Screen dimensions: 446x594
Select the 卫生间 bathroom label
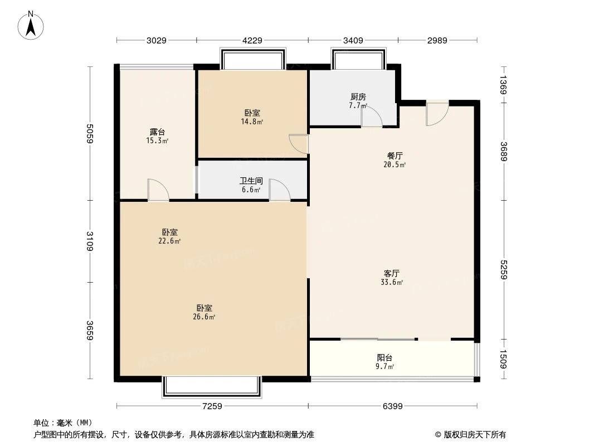pyautogui.click(x=251, y=181)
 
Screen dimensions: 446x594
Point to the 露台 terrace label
pyautogui.click(x=157, y=132)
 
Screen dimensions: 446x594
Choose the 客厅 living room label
pyautogui.click(x=392, y=273)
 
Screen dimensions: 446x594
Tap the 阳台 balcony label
pyautogui.click(x=384, y=358)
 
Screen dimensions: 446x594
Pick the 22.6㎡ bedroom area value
pyautogui.click(x=170, y=241)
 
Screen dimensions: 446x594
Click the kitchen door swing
pyautogui.click(x=371, y=117)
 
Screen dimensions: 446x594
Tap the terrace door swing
pyautogui.click(x=158, y=190)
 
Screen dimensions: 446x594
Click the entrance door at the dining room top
pyautogui.click(x=437, y=114)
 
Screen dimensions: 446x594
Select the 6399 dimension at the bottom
pyautogui.click(x=393, y=406)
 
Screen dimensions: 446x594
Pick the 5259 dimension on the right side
pyautogui.click(x=504, y=269)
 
